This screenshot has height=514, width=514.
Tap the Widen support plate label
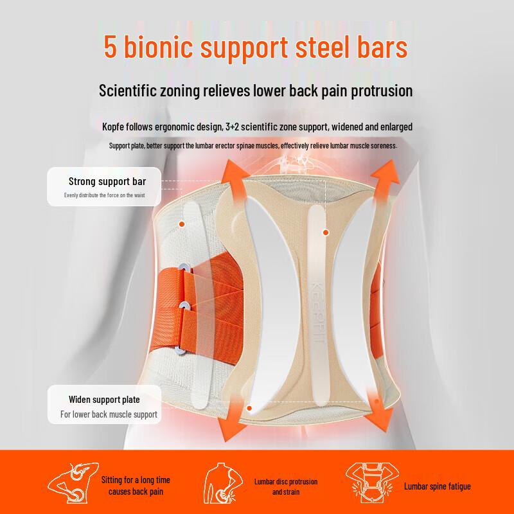click(104, 400)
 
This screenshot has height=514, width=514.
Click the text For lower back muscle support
click(109, 414)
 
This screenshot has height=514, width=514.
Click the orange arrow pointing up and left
click(235, 179)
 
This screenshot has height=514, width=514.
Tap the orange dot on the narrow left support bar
click(182, 224)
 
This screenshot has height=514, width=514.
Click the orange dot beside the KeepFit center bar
click(326, 232)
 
